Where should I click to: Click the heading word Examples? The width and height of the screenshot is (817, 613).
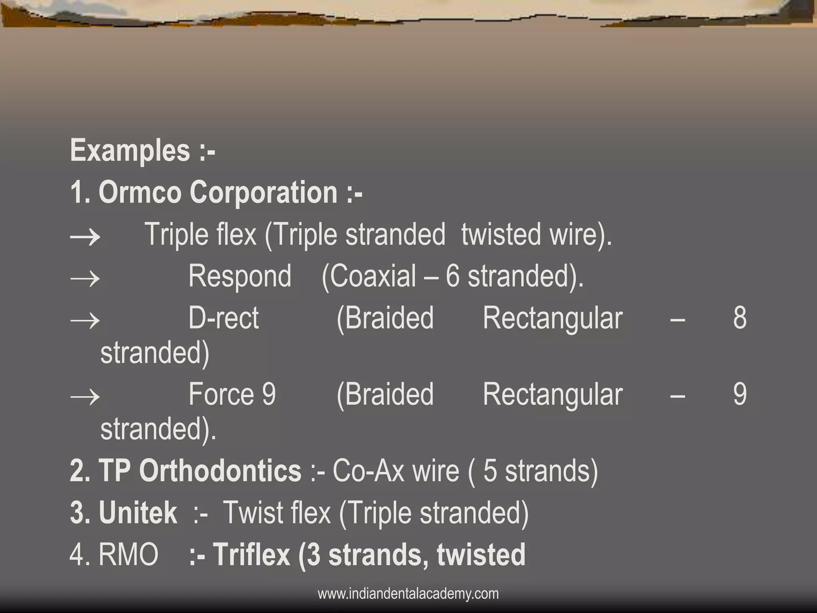(130, 151)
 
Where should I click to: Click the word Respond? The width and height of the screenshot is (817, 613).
(240, 277)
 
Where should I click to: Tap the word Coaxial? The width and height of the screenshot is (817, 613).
(373, 277)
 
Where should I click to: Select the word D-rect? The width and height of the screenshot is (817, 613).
(223, 318)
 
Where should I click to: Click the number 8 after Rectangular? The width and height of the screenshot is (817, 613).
(740, 318)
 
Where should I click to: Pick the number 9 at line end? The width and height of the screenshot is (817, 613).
(740, 395)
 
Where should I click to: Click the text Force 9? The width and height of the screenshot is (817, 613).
(232, 395)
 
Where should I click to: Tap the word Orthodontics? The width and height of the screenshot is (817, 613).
(220, 471)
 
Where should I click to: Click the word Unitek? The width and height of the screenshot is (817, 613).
(138, 513)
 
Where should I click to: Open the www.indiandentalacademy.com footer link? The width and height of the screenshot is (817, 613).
(408, 594)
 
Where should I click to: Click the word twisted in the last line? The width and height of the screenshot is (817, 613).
(481, 555)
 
